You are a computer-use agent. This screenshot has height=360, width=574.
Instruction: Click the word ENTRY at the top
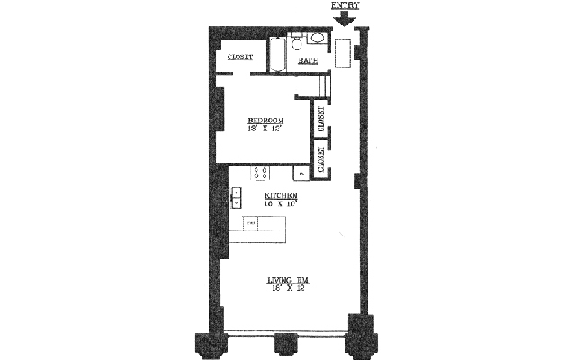coord(345,5)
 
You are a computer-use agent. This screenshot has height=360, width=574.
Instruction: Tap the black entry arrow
coord(345,17)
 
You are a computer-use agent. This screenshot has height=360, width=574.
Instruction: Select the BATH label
coord(309,60)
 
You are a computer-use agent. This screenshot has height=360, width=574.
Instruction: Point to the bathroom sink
coord(317,39)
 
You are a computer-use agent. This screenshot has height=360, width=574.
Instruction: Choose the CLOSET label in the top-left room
coord(239,58)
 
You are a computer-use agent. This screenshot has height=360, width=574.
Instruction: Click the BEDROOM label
coord(266,120)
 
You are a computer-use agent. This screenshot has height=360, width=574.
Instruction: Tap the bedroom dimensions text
coord(266,129)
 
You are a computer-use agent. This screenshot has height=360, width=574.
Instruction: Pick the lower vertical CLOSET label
coord(320,157)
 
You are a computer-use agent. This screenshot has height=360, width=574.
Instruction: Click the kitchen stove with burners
coord(263,173)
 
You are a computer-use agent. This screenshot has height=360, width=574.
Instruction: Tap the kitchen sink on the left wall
coord(237,197)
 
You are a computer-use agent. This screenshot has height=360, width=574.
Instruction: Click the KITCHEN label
coord(281,195)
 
